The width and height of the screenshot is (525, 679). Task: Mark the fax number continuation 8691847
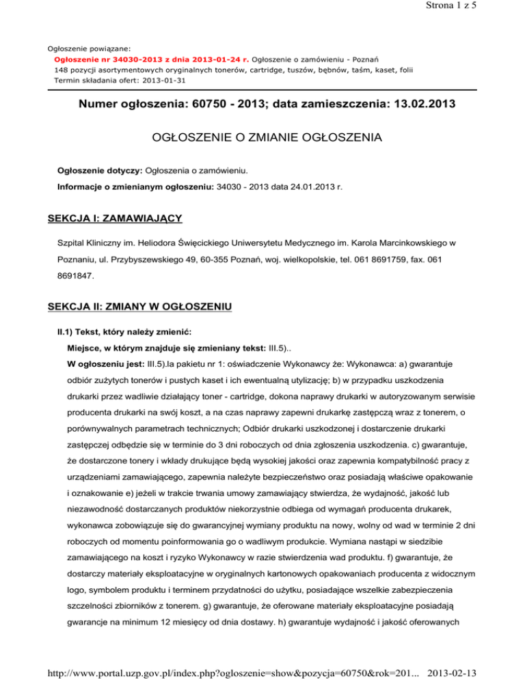pos(75,278)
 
